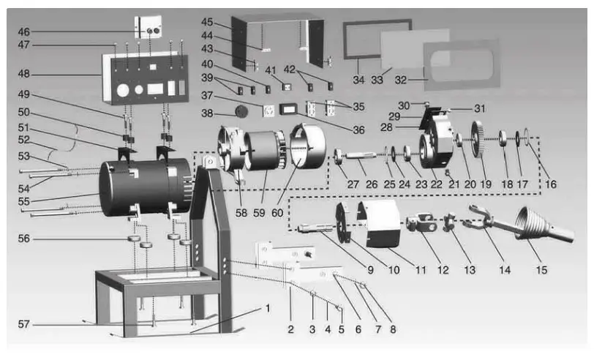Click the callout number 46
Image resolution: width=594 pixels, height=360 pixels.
click(24, 31)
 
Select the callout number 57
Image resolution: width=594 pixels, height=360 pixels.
click(25, 323)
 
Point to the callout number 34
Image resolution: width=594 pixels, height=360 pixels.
click(358, 79)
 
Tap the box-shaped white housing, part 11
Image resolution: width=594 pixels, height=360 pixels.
click(384, 222)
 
